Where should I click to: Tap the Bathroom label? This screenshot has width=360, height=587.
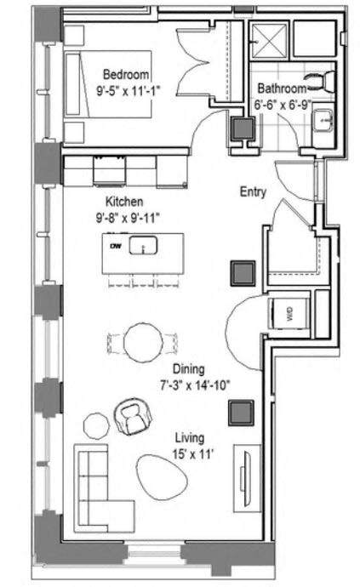[282, 88]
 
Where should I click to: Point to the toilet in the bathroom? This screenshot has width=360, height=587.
[322, 82]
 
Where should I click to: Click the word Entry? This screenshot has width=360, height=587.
[253, 192]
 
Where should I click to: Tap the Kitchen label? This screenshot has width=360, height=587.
[123, 202]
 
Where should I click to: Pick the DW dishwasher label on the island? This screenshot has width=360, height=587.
[116, 246]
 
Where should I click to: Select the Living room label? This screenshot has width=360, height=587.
[188, 438]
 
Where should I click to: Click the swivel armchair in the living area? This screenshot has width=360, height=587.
[131, 417]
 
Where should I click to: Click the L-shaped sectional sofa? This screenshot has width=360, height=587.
[98, 489]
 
